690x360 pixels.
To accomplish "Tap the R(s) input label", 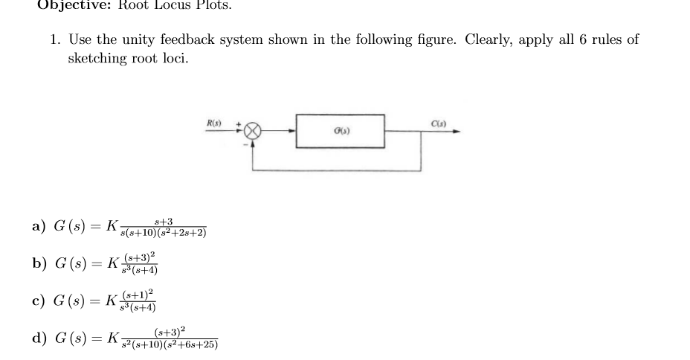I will point(213,121).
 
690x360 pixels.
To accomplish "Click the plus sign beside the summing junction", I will point(239,122).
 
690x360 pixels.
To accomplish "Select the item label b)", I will point(39,263).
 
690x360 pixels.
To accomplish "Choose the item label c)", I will point(39,301).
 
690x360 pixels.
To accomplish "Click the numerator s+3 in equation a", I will point(163,222).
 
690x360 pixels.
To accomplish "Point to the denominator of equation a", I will point(164,234).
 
